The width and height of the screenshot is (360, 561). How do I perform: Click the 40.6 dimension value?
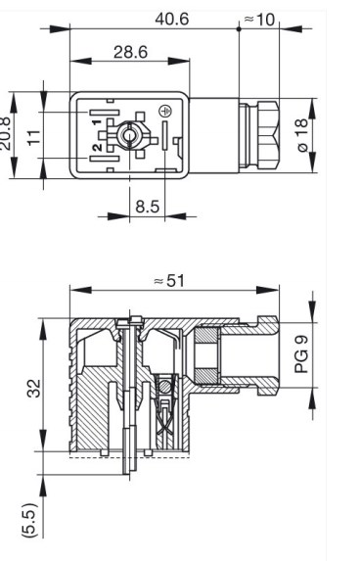click(171, 19)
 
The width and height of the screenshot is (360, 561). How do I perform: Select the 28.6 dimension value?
click(130, 52)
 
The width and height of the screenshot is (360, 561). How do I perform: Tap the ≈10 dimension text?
click(260, 20)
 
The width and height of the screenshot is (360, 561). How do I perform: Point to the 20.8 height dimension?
click(5, 133)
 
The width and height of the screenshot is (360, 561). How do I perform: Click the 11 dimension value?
click(34, 137)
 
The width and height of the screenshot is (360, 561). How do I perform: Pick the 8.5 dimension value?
click(148, 207)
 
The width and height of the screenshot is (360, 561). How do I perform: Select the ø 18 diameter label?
click(302, 135)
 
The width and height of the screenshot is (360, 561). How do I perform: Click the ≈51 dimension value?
click(169, 281)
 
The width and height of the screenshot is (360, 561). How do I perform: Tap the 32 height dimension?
click(34, 388)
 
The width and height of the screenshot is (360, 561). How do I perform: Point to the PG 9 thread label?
click(301, 354)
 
